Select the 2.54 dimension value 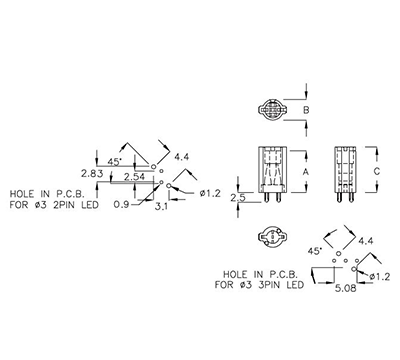tap(124, 177)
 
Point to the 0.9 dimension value tap(121, 205)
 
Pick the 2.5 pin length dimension tap(237, 197)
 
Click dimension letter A tap(305, 172)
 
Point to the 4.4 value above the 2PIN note tap(181, 157)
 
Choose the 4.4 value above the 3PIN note tap(365, 241)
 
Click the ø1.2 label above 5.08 tap(378, 274)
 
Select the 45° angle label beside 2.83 tap(115, 161)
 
